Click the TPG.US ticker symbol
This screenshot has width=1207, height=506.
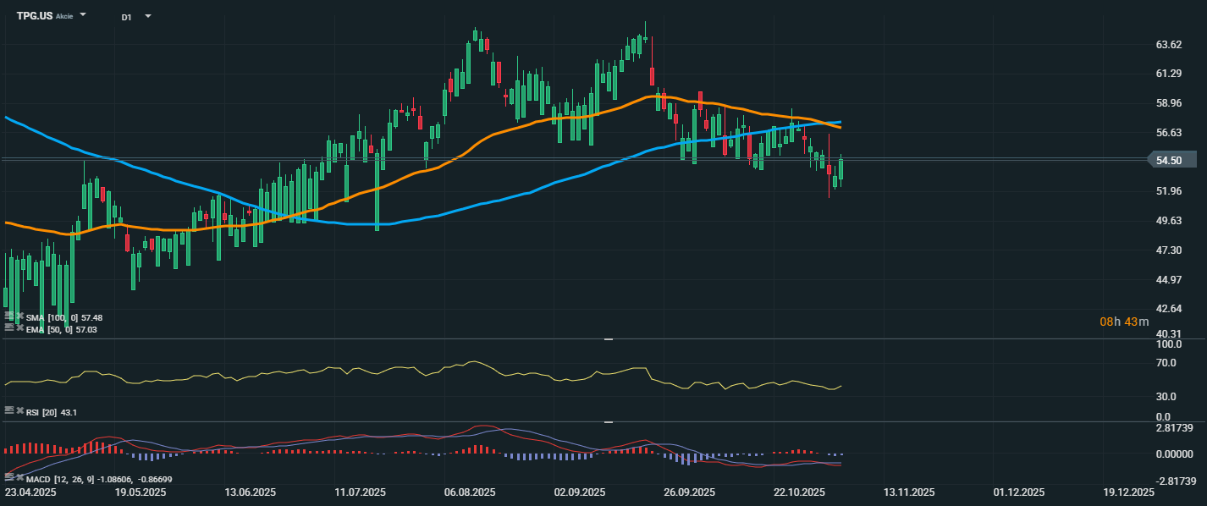[x=35, y=16]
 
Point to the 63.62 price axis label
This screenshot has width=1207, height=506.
[x=1168, y=45]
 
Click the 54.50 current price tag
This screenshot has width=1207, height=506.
[x=1171, y=160]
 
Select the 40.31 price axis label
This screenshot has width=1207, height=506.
[x=1168, y=333]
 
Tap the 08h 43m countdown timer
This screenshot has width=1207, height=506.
[x=1124, y=322]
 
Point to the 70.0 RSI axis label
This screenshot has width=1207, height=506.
[x=1167, y=363]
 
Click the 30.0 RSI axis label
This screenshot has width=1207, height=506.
[x=1167, y=396]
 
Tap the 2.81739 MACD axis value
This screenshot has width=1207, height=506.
[x=1175, y=428]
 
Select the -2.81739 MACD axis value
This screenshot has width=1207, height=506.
[x=1173, y=481]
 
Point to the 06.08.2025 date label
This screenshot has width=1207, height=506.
[x=470, y=492]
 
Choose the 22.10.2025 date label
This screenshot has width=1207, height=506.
[x=800, y=492]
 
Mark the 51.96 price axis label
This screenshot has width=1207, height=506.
[x=1168, y=191]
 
